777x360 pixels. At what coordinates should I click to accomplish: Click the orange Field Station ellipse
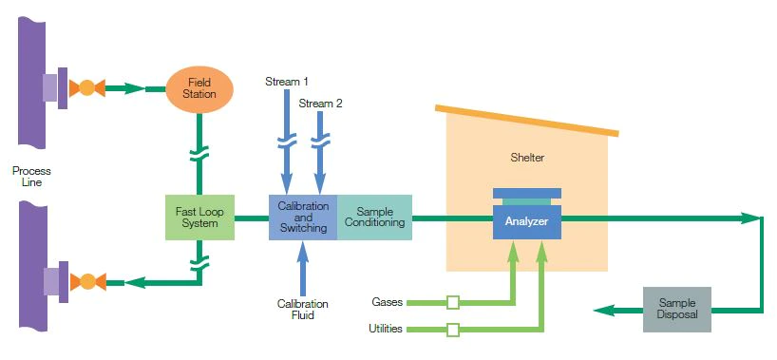coord(199,89)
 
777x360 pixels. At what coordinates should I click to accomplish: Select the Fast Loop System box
coord(199,218)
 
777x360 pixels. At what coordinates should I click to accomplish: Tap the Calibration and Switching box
coord(303,218)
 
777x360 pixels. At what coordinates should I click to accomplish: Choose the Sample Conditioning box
coord(374,218)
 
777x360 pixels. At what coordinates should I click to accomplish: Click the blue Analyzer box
coord(527,221)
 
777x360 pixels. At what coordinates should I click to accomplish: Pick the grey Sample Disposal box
coord(677,310)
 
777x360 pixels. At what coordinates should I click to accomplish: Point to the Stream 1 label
coord(287,82)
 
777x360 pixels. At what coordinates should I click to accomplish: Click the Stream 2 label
coord(320,104)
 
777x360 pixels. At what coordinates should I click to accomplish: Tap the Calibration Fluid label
coord(303,310)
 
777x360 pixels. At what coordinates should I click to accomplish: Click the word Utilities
coord(386,329)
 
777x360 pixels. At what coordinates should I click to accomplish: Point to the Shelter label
coord(527,158)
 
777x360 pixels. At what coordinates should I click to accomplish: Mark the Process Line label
coord(31,177)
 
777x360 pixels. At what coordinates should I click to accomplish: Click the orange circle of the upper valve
coord(86,88)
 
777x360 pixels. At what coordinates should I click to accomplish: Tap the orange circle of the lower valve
coord(87,282)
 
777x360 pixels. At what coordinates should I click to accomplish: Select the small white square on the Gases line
coord(452,302)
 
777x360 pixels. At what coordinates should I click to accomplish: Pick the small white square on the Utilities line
coord(452,330)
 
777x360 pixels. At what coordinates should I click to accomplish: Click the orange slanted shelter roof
coord(527,120)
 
